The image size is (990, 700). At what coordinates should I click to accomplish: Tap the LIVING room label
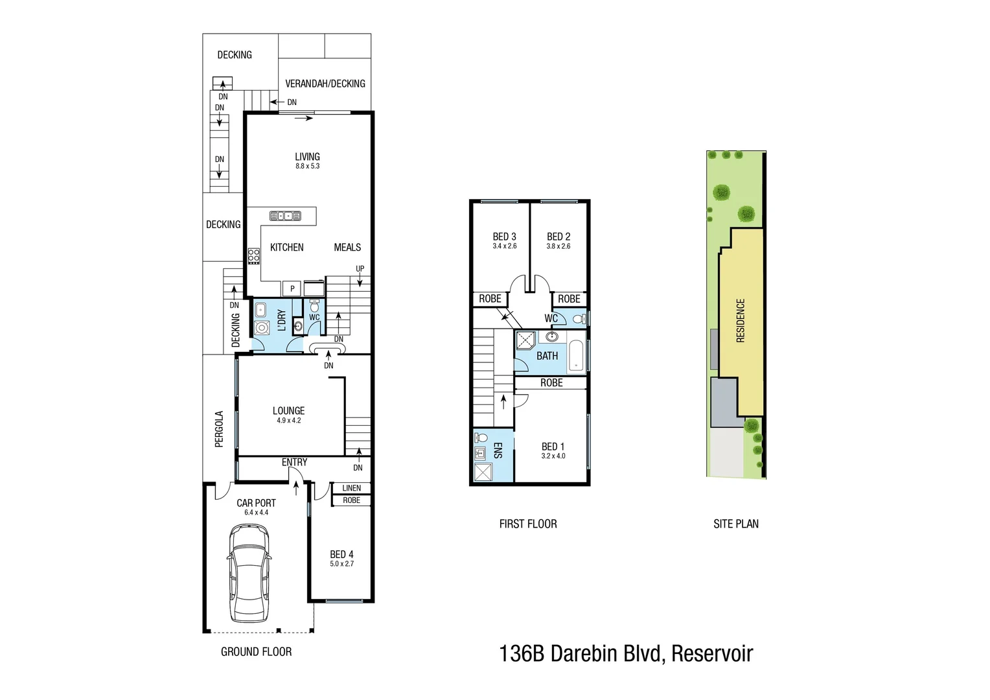coord(307,157)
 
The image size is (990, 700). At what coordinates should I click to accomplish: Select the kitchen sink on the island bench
coord(286,216)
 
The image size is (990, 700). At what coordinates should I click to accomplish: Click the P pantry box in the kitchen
coord(292,288)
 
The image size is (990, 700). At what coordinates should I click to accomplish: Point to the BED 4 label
coord(341,554)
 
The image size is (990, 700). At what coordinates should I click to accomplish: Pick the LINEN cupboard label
coord(351,488)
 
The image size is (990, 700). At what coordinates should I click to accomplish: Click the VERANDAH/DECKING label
coord(325,84)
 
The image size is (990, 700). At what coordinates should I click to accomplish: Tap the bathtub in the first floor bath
coord(576,355)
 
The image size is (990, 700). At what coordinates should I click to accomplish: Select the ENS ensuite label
coord(498,450)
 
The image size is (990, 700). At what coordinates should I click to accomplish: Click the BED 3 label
coord(504,237)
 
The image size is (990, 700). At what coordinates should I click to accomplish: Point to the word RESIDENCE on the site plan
coord(741,320)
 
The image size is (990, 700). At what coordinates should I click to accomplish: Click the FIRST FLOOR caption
coord(528,524)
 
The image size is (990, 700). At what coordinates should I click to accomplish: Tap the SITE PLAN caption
coord(736,524)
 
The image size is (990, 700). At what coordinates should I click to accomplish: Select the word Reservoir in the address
coord(712,654)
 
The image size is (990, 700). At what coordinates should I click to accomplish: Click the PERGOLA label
coord(219,429)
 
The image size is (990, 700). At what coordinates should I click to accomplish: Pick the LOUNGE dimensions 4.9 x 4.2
coord(288,421)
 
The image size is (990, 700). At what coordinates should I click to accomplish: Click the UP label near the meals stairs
coord(360,269)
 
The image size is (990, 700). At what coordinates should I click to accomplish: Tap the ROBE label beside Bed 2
coord(569,299)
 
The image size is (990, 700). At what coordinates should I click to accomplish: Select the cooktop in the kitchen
coord(253,256)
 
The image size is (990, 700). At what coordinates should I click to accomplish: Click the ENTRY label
coord(294,462)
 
